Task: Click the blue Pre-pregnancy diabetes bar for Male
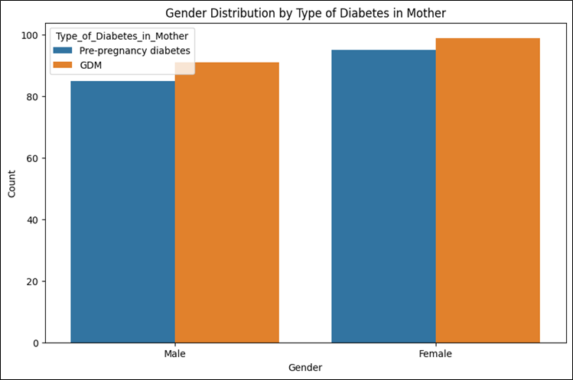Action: tap(122, 212)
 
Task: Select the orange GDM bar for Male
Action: tap(227, 203)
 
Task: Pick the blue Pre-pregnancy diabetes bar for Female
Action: tap(384, 196)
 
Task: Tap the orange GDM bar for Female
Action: tap(488, 190)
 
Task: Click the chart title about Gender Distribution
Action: tap(305, 13)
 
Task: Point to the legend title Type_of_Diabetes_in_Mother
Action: tap(122, 36)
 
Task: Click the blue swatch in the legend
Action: tap(63, 50)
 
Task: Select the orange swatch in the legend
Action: tap(63, 65)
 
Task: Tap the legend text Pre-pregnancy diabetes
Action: tap(135, 50)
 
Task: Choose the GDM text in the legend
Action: tap(90, 65)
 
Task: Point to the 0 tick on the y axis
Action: tap(35, 343)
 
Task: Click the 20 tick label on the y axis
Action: tap(33, 281)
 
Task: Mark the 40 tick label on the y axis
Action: tap(33, 220)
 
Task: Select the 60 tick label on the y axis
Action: tap(33, 158)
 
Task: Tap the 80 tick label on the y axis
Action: tap(33, 97)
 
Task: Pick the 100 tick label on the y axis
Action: tap(30, 35)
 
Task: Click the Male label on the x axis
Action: tap(174, 354)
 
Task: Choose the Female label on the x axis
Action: tap(435, 354)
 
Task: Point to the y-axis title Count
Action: tap(11, 184)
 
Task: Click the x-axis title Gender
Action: tap(305, 367)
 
